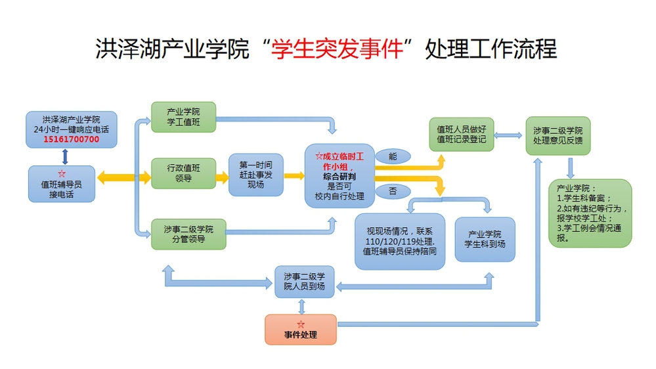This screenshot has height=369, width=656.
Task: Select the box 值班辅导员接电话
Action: point(62,184)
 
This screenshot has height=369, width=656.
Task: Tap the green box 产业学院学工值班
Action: point(183,117)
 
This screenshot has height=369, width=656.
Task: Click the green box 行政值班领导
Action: point(183,173)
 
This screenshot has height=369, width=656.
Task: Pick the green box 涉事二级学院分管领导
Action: point(188,234)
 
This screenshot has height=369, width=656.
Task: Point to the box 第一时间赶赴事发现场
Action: point(255,175)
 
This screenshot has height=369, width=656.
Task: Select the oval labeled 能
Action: point(393,156)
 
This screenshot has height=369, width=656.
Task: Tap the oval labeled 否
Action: point(393,191)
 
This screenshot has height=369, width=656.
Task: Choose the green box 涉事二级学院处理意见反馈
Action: point(558,135)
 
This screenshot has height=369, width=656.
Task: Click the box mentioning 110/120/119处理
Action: point(399,241)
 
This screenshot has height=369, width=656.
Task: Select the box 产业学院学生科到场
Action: point(485,239)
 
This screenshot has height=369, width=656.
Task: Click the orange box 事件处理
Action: point(300,330)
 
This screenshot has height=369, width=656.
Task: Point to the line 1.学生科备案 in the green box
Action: point(583,198)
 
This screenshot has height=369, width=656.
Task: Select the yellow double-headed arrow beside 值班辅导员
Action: point(123,177)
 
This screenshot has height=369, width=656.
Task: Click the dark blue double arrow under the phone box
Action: point(64,156)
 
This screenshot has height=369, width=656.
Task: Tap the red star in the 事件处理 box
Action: point(301,324)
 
